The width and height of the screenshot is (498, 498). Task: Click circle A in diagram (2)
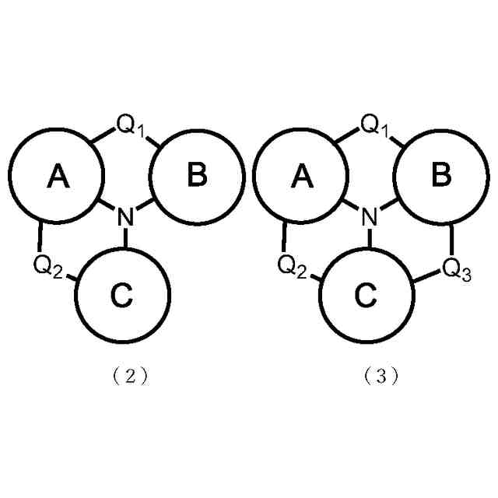pyautogui.click(x=57, y=177)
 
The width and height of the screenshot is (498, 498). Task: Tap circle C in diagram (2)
pyautogui.click(x=122, y=295)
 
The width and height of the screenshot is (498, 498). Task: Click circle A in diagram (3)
pyautogui.click(x=301, y=177)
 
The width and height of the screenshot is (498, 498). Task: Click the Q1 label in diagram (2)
pyautogui.click(x=131, y=124)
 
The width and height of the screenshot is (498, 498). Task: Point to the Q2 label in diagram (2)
pyautogui.click(x=47, y=265)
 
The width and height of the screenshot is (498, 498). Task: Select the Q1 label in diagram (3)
pyautogui.click(x=375, y=124)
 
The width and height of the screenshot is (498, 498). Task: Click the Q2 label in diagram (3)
pyautogui.click(x=292, y=265)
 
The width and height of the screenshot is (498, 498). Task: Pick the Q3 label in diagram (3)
pyautogui.click(x=456, y=269)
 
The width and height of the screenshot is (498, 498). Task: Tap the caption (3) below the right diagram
pyautogui.click(x=381, y=376)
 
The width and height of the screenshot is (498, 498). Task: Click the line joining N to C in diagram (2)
pyautogui.click(x=124, y=239)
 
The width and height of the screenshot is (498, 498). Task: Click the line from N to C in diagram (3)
pyautogui.click(x=369, y=239)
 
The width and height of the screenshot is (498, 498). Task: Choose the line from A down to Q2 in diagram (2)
pyautogui.click(x=40, y=235)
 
